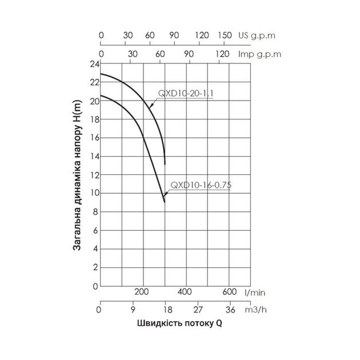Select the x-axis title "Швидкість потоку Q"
(179, 323)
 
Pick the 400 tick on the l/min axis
(185, 292)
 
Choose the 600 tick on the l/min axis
(229, 292)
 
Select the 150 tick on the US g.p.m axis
(225, 35)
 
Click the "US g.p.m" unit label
(257, 35)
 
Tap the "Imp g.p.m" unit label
(257, 54)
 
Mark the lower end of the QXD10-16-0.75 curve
(165, 202)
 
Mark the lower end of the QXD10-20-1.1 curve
(165, 164)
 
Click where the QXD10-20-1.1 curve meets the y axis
(100, 74)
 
